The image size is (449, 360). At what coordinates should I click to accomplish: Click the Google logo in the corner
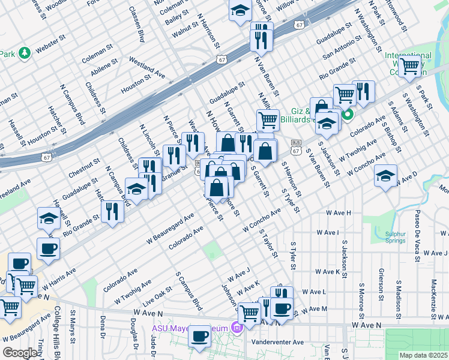[20, 353]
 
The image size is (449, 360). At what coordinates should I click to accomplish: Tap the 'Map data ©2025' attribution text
[423, 355]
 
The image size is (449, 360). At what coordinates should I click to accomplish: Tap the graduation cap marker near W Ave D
[386, 176]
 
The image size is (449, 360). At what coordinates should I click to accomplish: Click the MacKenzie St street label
[433, 299]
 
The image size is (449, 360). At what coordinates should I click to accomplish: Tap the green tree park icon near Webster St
[25, 53]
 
